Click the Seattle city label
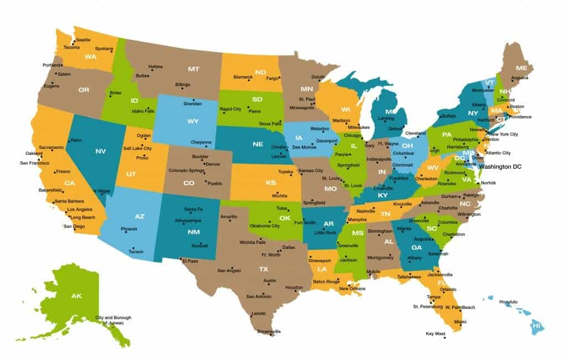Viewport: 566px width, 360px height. pyautogui.click(x=83, y=40)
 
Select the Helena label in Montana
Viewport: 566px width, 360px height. pyautogui.click(x=155, y=67)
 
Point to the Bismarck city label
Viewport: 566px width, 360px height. pyautogui.click(x=243, y=77)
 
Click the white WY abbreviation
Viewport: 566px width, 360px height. pyautogui.click(x=192, y=121)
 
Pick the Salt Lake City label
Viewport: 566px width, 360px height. pyautogui.click(x=137, y=149)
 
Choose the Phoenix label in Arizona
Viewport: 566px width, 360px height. pyautogui.click(x=129, y=229)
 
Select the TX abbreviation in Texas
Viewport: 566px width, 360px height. pyautogui.click(x=264, y=269)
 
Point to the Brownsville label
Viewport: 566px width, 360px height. pyautogui.click(x=269, y=332)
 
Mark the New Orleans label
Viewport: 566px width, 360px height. pyautogui.click(x=352, y=289)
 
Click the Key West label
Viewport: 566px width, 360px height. pyautogui.click(x=436, y=333)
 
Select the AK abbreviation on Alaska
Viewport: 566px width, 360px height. pyautogui.click(x=76, y=296)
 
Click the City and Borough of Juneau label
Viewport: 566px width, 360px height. pyautogui.click(x=113, y=320)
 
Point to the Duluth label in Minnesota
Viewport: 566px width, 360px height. pyautogui.click(x=318, y=77)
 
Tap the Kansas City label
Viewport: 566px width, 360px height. pyautogui.click(x=310, y=171)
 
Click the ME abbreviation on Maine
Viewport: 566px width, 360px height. pyautogui.click(x=521, y=68)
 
